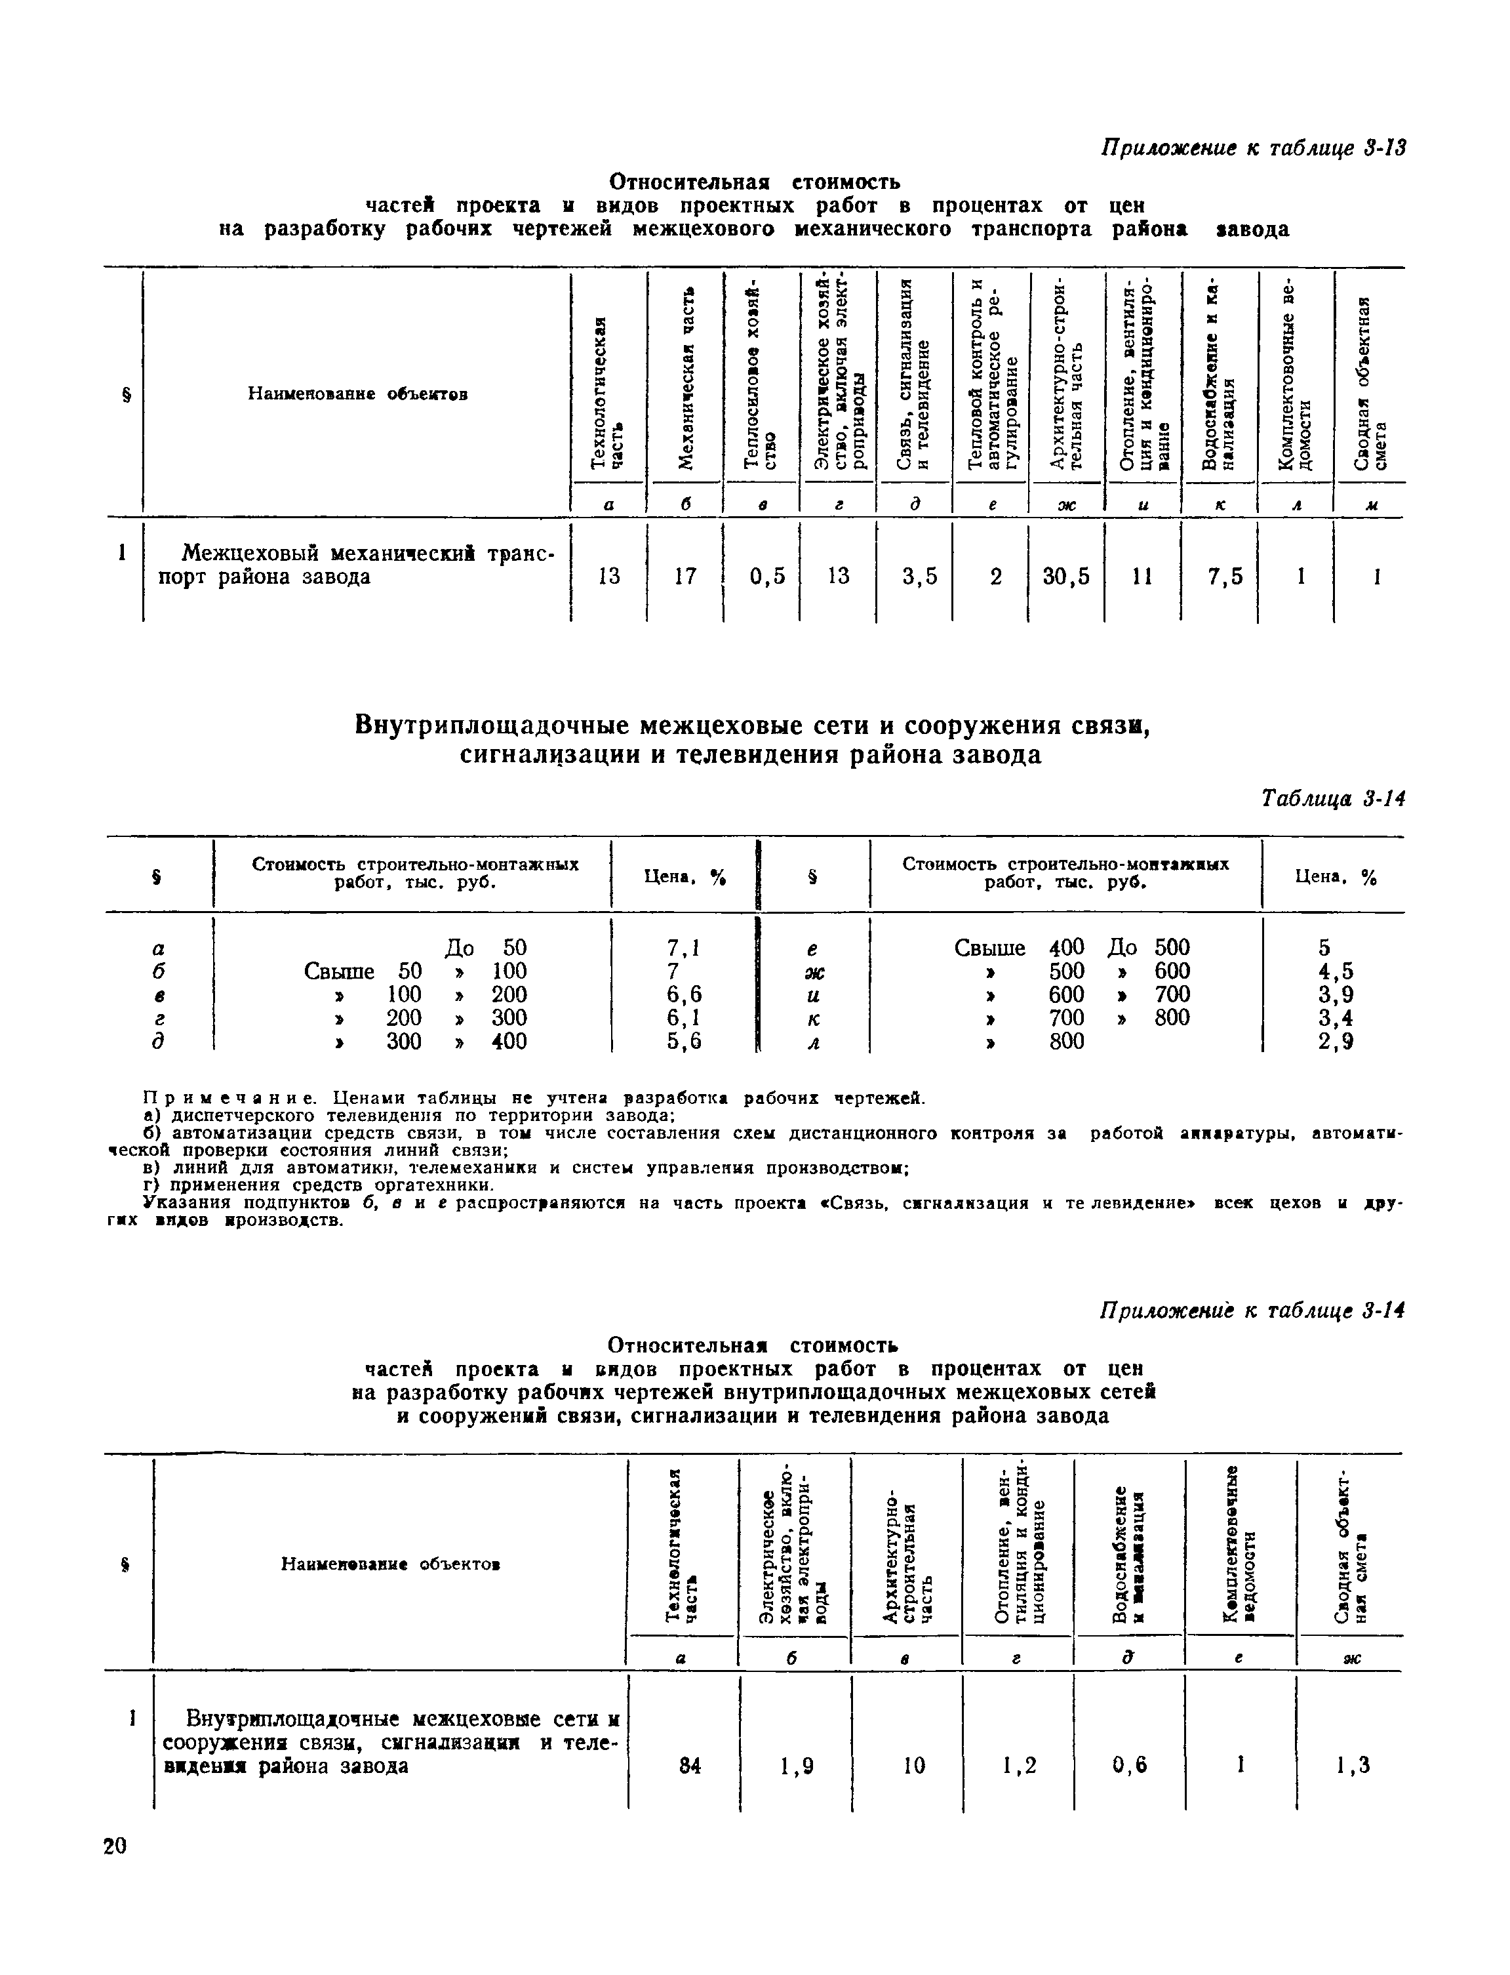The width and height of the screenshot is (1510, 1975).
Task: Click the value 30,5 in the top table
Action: click(x=1066, y=576)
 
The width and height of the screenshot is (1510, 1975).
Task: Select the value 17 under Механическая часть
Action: click(x=685, y=576)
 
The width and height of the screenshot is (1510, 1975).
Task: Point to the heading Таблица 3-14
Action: click(x=1332, y=798)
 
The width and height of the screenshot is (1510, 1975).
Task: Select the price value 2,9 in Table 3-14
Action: click(x=1336, y=1042)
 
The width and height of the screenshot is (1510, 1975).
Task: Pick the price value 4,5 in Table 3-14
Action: click(x=1336, y=972)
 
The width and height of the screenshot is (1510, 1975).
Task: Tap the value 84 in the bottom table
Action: click(x=690, y=1766)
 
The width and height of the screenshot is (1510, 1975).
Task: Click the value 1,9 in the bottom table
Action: click(x=797, y=1766)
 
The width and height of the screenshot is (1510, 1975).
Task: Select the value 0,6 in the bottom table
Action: click(x=1130, y=1766)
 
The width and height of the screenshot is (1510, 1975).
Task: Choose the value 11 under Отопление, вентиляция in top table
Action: click(x=1142, y=576)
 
